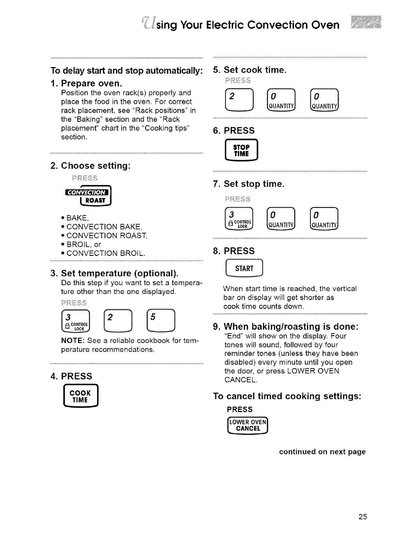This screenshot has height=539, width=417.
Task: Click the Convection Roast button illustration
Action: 89,197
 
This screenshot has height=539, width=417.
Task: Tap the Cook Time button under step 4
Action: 80,396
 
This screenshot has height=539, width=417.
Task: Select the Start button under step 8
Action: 244,268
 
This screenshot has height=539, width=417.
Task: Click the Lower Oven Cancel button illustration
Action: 248,425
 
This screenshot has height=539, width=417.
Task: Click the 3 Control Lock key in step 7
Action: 240,218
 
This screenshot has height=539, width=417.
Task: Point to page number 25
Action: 362,517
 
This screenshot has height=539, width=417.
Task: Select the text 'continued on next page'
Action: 322,452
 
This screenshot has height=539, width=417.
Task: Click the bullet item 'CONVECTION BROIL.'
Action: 106,254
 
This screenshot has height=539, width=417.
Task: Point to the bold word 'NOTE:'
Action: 73,341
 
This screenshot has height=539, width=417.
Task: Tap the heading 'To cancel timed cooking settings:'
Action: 287,396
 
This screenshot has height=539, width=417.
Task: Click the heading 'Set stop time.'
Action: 253,184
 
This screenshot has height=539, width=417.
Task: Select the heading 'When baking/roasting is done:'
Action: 291,327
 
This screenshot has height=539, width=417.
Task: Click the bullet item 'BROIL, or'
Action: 84,245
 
